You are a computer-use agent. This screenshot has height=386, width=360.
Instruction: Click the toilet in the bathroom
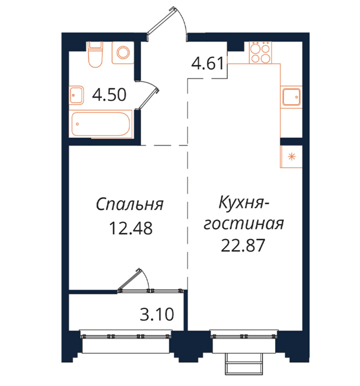[x=95, y=54]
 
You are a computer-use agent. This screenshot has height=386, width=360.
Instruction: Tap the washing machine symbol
[x=123, y=52]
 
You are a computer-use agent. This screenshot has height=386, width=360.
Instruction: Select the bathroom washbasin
[x=76, y=95]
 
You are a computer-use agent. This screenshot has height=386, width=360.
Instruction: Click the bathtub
[x=101, y=124]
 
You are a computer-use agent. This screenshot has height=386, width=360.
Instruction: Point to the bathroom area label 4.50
[x=109, y=95]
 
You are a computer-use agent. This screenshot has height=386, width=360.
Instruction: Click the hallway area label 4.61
[x=208, y=63]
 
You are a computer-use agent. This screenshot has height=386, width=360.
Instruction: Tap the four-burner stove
[x=260, y=52]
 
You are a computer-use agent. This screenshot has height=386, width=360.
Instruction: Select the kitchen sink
[x=291, y=96]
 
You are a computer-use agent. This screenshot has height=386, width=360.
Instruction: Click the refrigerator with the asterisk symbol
[x=291, y=157]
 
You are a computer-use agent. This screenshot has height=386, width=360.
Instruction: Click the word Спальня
[x=130, y=205]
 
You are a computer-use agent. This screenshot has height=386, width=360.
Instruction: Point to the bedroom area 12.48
[x=131, y=228]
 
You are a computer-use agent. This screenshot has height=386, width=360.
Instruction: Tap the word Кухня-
[x=244, y=203]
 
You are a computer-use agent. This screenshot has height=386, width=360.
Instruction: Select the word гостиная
[x=244, y=223]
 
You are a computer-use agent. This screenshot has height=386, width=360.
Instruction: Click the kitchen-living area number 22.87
[x=243, y=245]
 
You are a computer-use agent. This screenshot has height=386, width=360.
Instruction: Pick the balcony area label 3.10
[x=157, y=314]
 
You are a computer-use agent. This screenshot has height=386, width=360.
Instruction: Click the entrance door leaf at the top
[x=162, y=22]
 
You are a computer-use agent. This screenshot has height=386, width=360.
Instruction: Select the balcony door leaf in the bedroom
[x=130, y=280]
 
